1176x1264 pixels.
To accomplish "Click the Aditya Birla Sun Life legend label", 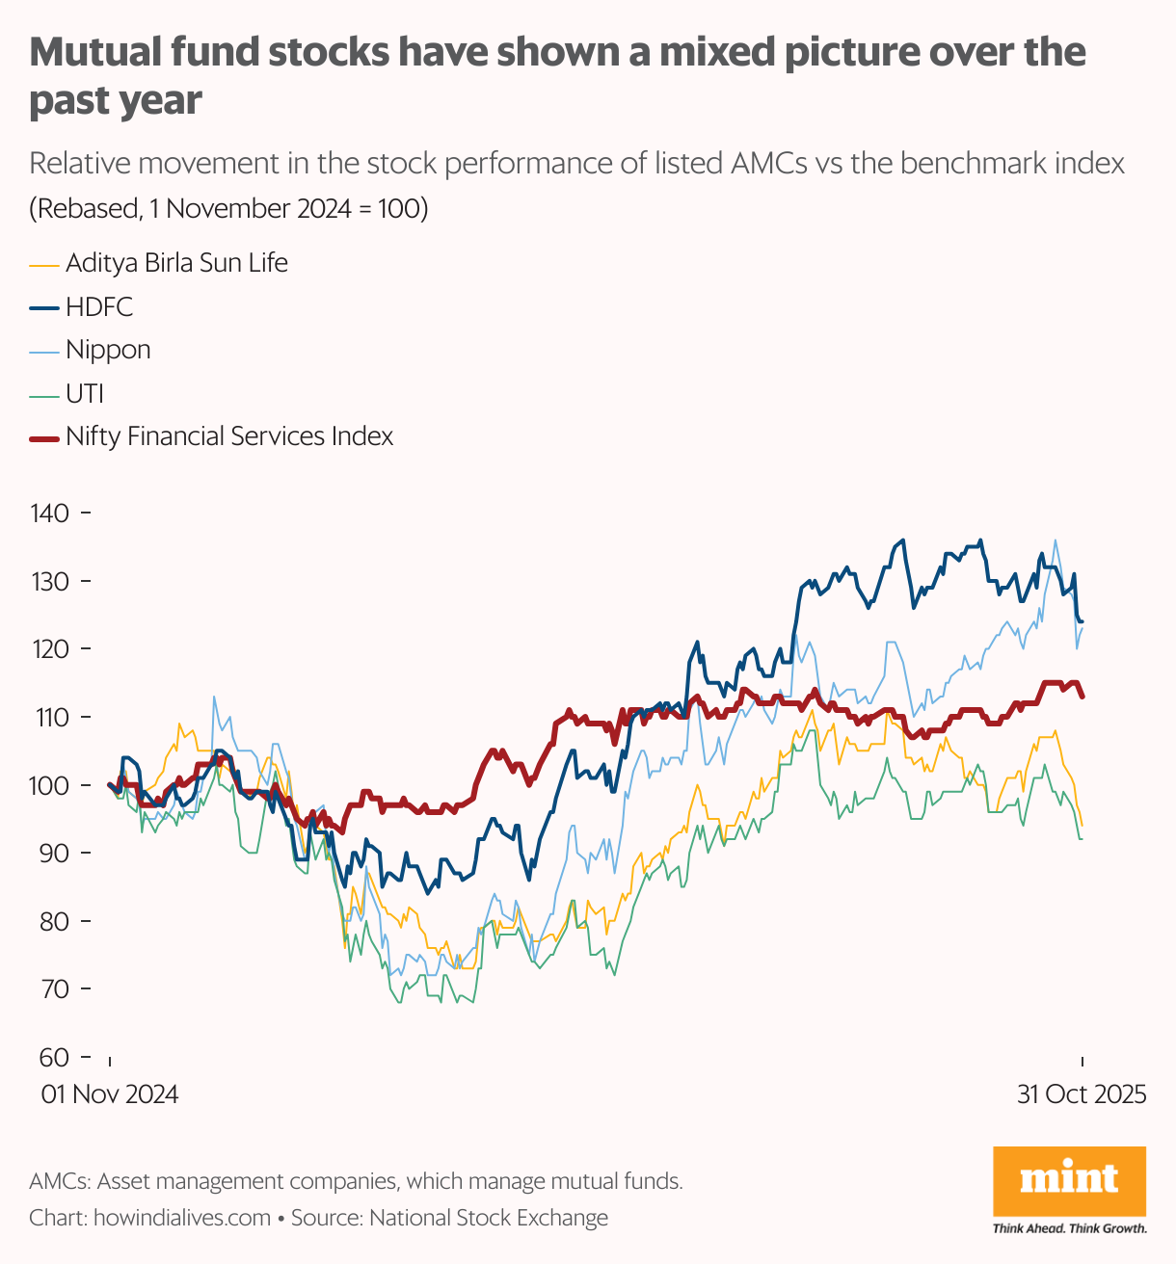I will click(176, 263).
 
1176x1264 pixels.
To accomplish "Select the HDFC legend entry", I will click(99, 307).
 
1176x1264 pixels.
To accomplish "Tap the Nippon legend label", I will click(108, 350).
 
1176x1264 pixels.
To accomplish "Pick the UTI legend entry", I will click(85, 393).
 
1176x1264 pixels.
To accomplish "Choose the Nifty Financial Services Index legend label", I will click(229, 436).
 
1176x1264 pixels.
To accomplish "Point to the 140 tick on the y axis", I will click(50, 513).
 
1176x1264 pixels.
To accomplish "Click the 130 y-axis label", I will click(50, 581).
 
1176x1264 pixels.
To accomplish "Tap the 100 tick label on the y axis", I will click(50, 785).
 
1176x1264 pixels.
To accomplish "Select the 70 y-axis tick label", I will click(53, 988).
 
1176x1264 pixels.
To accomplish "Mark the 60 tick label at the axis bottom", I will click(53, 1057).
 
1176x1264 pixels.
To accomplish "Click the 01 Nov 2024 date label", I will click(109, 1094).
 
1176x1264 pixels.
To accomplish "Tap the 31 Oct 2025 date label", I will click(1082, 1094).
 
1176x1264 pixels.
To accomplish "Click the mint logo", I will click(1069, 1180).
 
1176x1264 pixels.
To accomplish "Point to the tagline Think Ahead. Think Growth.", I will click(1069, 1228).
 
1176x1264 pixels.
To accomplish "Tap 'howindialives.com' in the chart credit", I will click(182, 1218).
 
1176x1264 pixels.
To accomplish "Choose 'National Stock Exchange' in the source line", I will click(489, 1218).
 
